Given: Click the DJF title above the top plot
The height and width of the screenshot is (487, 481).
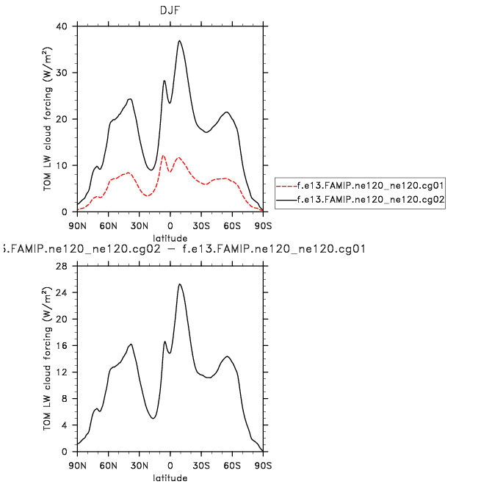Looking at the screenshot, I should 170,10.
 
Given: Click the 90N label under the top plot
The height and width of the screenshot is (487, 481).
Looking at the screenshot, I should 77,225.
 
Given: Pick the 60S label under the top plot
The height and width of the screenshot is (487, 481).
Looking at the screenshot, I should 233,225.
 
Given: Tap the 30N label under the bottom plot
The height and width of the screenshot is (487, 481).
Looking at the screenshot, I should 139,465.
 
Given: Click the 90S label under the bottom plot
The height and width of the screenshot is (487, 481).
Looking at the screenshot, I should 264,465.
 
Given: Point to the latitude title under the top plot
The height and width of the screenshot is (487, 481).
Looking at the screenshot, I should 170,238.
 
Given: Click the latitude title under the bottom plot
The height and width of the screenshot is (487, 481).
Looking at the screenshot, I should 170,477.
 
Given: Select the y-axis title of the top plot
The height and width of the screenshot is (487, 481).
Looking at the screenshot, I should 48,119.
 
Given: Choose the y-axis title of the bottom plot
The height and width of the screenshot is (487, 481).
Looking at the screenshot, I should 48,359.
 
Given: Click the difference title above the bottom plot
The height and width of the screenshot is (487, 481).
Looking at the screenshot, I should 184,250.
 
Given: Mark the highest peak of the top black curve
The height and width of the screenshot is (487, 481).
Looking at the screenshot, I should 179,41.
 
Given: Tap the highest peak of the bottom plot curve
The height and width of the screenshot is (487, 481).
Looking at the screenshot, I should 179,284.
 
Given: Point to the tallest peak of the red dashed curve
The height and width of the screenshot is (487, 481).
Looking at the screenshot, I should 164,156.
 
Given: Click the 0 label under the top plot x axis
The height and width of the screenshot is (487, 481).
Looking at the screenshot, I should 170,225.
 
